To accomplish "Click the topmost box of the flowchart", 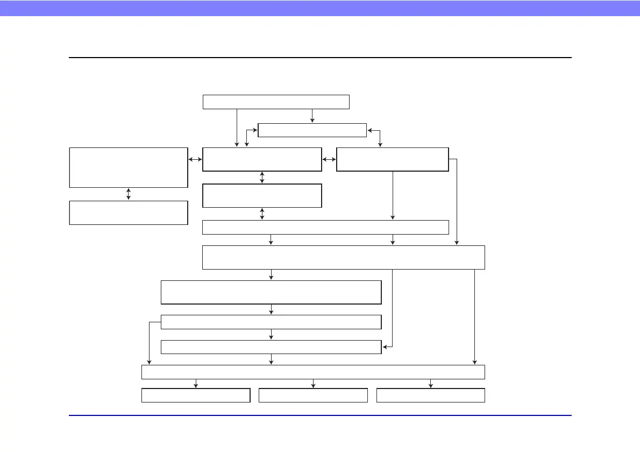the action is point(276,102).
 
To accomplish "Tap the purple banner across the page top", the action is point(320,8).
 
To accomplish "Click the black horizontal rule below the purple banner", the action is point(320,58).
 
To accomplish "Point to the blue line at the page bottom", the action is point(320,415).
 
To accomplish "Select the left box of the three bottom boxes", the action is point(196,395).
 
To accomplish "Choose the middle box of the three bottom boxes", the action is point(313,395).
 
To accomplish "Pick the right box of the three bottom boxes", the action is point(431,395).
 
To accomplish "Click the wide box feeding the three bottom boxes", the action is point(313,372).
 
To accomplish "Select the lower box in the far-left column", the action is point(129,213).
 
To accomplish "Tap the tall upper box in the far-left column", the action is point(129,167).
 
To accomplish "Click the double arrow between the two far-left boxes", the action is point(129,194).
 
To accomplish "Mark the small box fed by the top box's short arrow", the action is point(312,130).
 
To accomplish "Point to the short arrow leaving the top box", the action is point(312,116).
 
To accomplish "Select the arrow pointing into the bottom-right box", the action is point(431,384).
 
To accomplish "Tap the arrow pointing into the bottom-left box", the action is point(196,384).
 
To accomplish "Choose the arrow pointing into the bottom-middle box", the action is point(313,384).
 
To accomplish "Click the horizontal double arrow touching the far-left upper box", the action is point(195,159).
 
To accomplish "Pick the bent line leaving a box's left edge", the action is point(150,339).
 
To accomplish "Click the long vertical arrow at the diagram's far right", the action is point(474,317).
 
